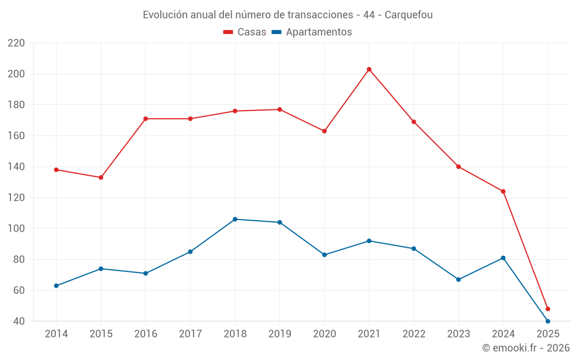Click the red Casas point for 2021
[x=369, y=69]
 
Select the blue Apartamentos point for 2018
[x=235, y=219]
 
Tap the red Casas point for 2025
[x=548, y=309]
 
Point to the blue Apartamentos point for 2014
[x=56, y=286]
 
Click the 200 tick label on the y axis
[x=16, y=74]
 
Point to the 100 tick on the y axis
[x=16, y=229]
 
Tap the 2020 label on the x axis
[x=324, y=334]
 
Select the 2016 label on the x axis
[x=146, y=334]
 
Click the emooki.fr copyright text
[x=525, y=348]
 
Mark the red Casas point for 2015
[x=101, y=177]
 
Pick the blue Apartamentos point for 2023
[x=458, y=279]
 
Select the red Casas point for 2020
[x=324, y=131]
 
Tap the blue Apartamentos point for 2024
[x=503, y=257]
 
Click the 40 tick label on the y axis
[x=19, y=321]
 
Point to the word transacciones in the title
[x=322, y=14]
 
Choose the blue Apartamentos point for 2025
[x=548, y=321]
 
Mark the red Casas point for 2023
[x=458, y=166]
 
